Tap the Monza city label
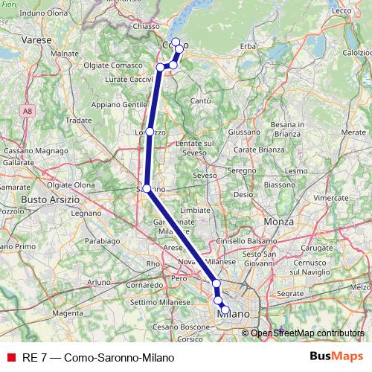(278, 222)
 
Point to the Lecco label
(341, 10)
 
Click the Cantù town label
(201, 100)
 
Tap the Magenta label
(68, 313)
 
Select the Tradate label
(78, 119)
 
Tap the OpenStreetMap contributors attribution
(307, 333)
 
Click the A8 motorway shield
(27, 111)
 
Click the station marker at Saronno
(147, 188)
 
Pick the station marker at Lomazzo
(150, 132)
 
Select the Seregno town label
(241, 170)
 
